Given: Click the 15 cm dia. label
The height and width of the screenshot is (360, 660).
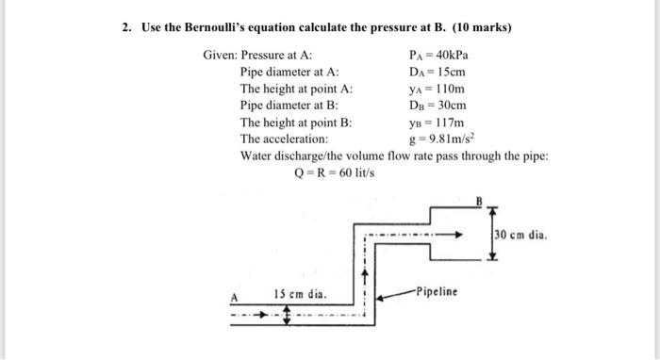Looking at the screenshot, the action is point(301,294).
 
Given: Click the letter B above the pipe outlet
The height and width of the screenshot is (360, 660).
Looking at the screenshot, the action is point(478,200).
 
